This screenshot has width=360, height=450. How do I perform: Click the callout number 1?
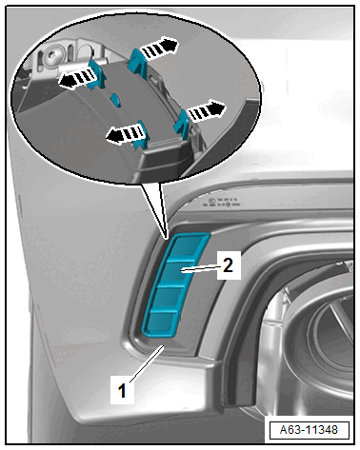(x=122, y=390)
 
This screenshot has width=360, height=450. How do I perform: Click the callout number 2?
(x=228, y=265)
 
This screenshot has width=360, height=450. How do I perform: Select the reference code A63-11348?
(x=309, y=430)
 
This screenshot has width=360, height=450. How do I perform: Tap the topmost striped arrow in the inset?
(x=159, y=48)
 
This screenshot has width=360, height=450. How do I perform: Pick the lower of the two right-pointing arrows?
(x=206, y=111)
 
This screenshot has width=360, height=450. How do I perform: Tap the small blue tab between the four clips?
(x=115, y=100)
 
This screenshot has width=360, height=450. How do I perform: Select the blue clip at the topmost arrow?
(x=136, y=62)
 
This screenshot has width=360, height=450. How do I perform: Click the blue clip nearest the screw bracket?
(x=96, y=74)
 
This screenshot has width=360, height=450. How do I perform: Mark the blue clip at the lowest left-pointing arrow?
(x=141, y=135)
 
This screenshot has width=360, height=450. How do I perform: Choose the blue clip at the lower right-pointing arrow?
(x=182, y=124)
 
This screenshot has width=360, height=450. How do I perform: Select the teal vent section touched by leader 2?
(x=174, y=273)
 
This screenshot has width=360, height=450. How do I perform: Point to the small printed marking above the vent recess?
(x=222, y=203)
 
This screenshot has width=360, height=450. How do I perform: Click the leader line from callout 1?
(x=147, y=363)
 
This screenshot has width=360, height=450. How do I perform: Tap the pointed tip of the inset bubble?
(x=167, y=238)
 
